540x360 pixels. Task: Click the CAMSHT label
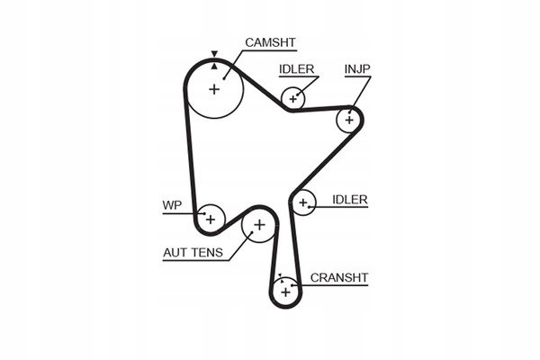tap(270, 42)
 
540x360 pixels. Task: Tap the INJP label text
tap(357, 69)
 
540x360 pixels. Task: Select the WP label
tap(172, 205)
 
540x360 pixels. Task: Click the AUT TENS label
tap(193, 253)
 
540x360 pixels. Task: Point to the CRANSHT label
tap(339, 278)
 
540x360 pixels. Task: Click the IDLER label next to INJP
tap(296, 69)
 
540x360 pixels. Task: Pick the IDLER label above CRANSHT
tap(350, 200)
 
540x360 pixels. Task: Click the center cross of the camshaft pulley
tap(214, 89)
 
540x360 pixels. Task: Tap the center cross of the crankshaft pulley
tap(285, 292)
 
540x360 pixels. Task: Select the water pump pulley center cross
tap(211, 219)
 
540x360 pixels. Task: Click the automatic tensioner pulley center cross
tap(259, 225)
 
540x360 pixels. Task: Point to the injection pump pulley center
tap(349, 120)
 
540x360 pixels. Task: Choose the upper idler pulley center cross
tap(292, 99)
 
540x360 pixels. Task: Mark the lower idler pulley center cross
tap(303, 202)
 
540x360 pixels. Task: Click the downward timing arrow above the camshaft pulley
tap(214, 54)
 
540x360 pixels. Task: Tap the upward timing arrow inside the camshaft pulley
tap(214, 66)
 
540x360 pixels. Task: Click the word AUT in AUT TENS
tap(176, 253)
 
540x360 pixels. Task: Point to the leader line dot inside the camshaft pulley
tap(224, 78)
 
